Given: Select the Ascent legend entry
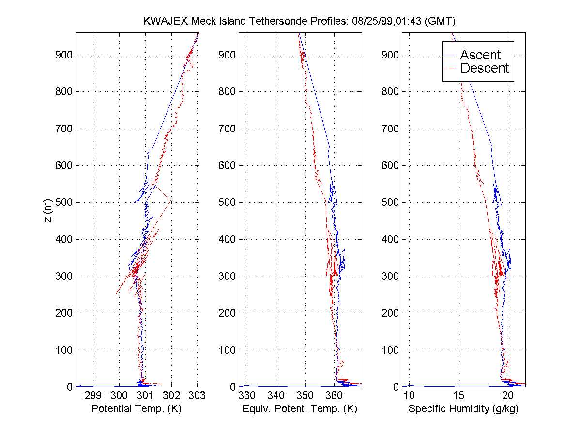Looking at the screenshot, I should pos(480,55).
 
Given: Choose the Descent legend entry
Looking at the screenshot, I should pos(484,68).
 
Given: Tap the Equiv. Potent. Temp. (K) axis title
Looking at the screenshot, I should pos(300,409).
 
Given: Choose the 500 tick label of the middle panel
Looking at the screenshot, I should pos(228,203).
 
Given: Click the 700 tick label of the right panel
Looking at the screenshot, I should pos(391,129).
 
